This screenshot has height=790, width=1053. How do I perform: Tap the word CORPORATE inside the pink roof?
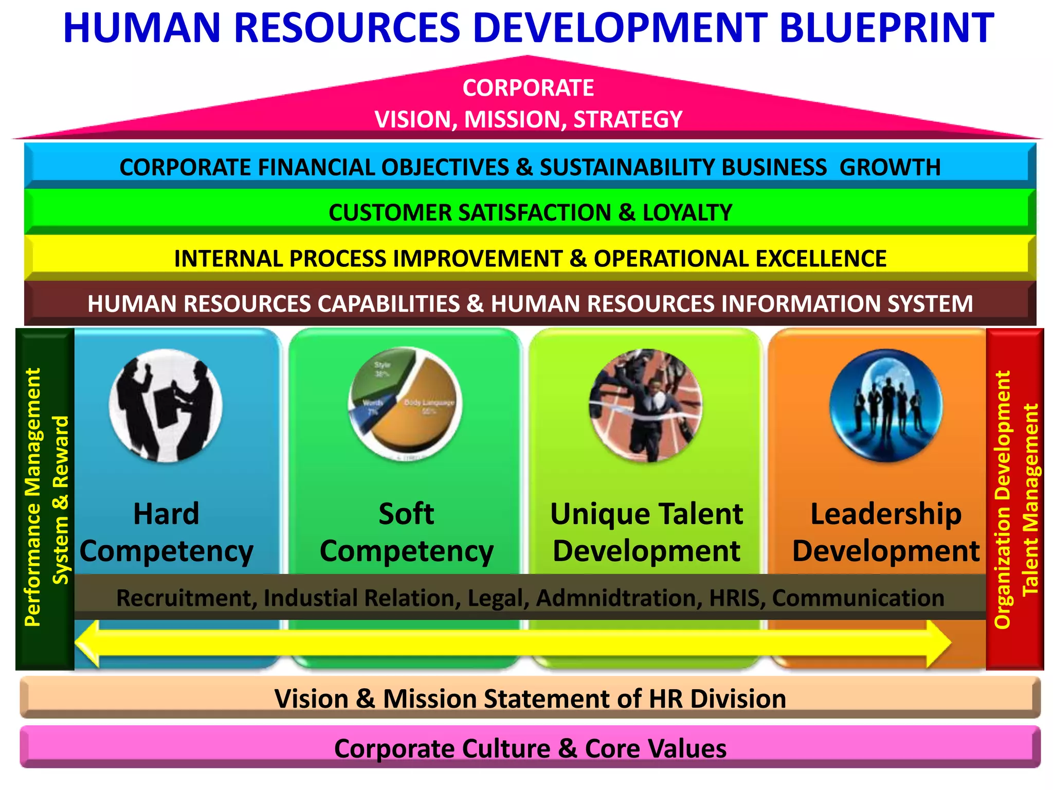[528, 88]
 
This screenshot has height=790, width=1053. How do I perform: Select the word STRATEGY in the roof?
[628, 119]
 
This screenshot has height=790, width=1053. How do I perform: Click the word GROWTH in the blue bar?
[890, 168]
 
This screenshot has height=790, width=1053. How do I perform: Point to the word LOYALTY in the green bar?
[687, 213]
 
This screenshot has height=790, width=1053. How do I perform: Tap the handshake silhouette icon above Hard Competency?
[166, 405]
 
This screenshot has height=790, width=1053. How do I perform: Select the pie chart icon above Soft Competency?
[405, 404]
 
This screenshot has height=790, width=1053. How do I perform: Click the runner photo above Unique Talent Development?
[646, 405]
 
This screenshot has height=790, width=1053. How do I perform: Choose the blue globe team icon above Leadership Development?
[886, 405]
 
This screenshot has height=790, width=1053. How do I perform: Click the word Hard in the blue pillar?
[166, 514]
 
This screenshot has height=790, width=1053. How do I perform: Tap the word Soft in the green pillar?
[406, 514]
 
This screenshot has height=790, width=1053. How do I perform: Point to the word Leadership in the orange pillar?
[886, 514]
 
